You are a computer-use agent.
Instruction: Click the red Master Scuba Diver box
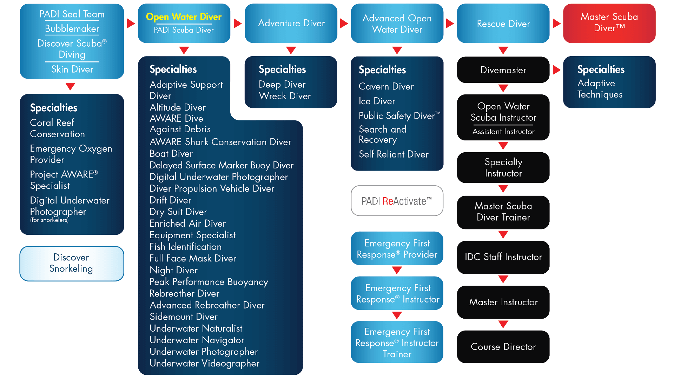coord(609,23)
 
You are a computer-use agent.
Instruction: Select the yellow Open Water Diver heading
coord(184,17)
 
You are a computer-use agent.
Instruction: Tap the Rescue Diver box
coord(503,24)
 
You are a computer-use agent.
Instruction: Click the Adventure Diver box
coord(291,23)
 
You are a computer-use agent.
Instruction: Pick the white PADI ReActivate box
coord(397,201)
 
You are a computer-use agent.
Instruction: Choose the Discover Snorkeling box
coord(71,263)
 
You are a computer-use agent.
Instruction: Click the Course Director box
coord(503,347)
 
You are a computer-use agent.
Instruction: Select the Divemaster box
coord(503,70)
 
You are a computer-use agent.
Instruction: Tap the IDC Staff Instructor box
coord(503,257)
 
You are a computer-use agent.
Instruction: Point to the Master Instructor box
coord(503,302)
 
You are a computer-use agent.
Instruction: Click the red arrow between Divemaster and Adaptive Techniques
coord(556,69)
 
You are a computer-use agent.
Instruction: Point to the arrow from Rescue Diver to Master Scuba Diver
coord(556,24)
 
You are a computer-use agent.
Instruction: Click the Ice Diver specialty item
coord(377,101)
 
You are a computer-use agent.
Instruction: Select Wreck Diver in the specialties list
coord(285,96)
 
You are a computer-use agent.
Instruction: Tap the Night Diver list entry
coord(173,270)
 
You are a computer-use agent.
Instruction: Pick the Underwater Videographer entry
coord(204,363)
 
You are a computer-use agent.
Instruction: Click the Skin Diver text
coord(72,69)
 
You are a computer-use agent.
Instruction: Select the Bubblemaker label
coord(72,29)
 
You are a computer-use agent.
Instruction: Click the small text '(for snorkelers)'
coord(49,220)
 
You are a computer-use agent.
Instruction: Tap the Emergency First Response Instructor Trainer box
coord(397,342)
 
